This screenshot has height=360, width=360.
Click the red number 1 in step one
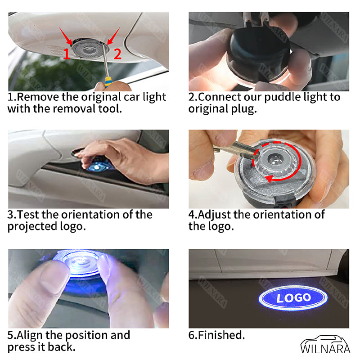[x=66, y=54]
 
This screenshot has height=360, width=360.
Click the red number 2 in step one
[x=117, y=54]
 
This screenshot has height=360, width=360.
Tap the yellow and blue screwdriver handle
[x=108, y=82]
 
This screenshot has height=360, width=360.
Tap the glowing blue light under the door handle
[x=98, y=166]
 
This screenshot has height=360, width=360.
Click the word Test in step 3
[x=28, y=215]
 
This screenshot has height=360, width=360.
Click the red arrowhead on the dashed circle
[x=269, y=178]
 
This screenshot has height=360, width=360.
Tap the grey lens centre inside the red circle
[x=275, y=158]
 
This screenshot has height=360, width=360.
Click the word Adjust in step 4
[x=214, y=215]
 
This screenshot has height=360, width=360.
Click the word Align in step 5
[x=30, y=335]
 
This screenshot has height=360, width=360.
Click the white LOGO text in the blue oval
[x=294, y=298]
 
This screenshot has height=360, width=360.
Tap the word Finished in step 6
[x=221, y=335]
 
